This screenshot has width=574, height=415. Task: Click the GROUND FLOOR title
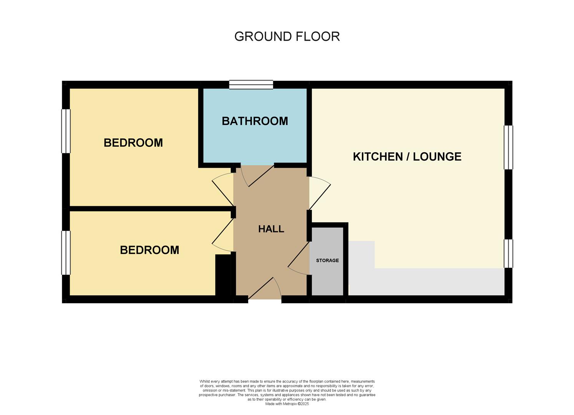[287, 37]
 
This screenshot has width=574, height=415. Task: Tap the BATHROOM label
[255, 121]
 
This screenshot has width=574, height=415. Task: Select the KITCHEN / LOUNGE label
[407, 156]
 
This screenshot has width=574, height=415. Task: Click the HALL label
[271, 229]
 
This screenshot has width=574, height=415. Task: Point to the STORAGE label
[327, 261]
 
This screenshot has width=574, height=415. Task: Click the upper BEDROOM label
[133, 143]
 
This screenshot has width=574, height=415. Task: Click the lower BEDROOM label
[149, 250]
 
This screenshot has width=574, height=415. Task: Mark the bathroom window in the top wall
[251, 85]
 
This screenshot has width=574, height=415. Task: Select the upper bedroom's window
[66, 131]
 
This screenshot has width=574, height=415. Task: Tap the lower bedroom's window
[66, 252]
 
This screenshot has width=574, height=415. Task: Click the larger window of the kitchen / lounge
[508, 147]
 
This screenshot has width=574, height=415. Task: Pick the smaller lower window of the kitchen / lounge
[508, 253]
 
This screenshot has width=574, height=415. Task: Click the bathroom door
[258, 176]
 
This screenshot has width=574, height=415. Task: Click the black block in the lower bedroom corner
[222, 275]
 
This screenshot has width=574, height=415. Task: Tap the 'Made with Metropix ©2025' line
[287, 404]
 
